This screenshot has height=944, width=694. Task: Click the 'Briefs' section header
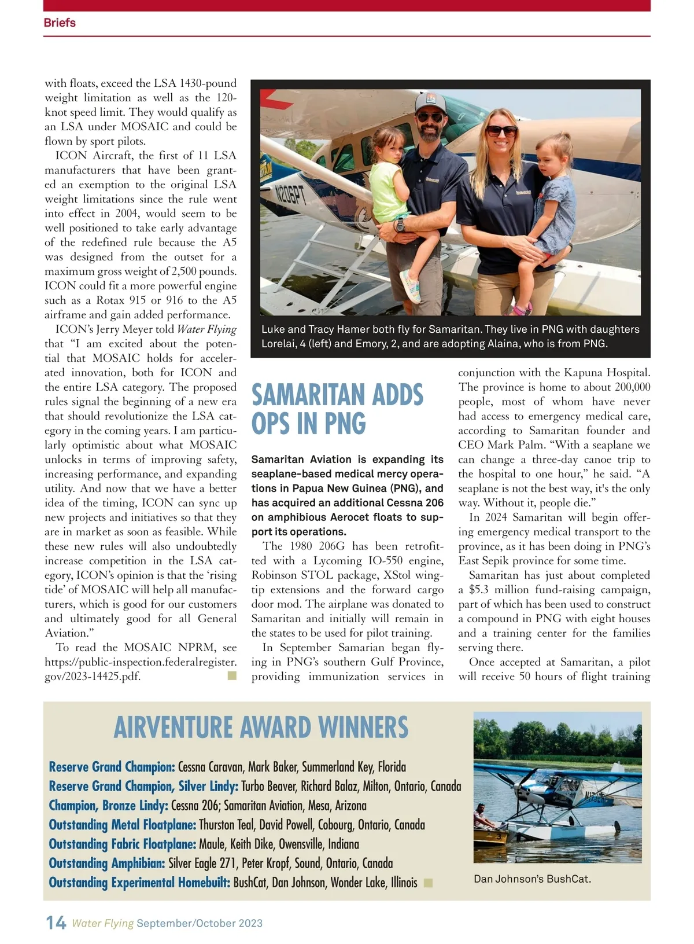pos(60,23)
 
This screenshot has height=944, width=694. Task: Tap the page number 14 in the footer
pos(56,923)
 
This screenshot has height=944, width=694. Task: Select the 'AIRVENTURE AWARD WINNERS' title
pos(261,728)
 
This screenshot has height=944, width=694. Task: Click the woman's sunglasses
pos(501,131)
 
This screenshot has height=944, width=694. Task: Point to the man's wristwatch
pos(400,224)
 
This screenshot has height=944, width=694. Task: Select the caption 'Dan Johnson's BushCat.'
pos(532,879)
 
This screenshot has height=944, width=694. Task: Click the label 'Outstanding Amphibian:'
pos(107,864)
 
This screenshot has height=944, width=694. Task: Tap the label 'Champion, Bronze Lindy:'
pos(108,806)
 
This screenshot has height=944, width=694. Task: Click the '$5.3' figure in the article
pos(481,590)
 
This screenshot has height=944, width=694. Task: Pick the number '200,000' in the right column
pos(629,387)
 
